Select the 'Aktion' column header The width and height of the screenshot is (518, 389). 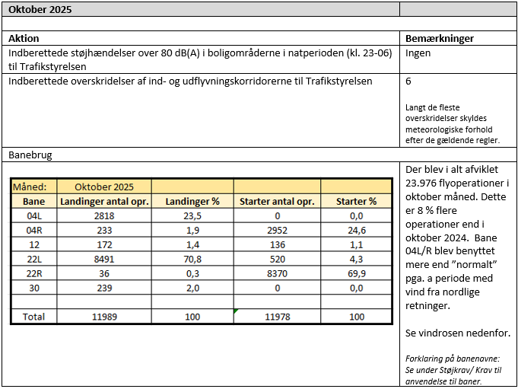pos(24,38)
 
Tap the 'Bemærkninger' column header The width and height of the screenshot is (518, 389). pos(440,38)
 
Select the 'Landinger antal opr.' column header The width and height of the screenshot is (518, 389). pos(104,202)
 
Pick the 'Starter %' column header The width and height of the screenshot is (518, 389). pos(357,202)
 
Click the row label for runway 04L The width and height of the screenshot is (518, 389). pos(34,216)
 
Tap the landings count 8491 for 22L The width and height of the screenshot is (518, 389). pos(104,259)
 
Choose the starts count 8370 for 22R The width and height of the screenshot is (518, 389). pos(277,273)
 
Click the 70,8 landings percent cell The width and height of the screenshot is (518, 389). pos(192,259)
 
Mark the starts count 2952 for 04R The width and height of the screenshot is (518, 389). pos(277,231)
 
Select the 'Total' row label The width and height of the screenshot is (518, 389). pos(34,316)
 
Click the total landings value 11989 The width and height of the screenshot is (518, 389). pos(104,316)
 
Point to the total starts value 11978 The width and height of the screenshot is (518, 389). pos(277,316)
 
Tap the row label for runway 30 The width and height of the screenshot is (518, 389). pos(34,288)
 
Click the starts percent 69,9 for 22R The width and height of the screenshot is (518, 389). pos(357,273)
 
